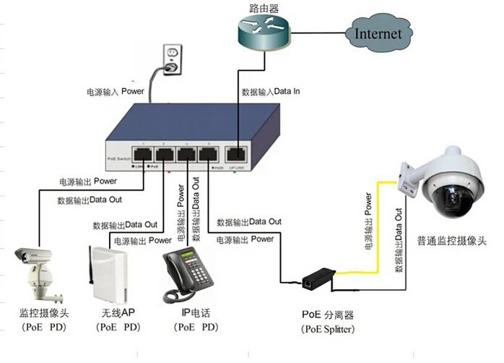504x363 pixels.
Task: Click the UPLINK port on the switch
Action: click(235, 154)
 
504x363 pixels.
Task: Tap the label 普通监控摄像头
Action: click(451, 241)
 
